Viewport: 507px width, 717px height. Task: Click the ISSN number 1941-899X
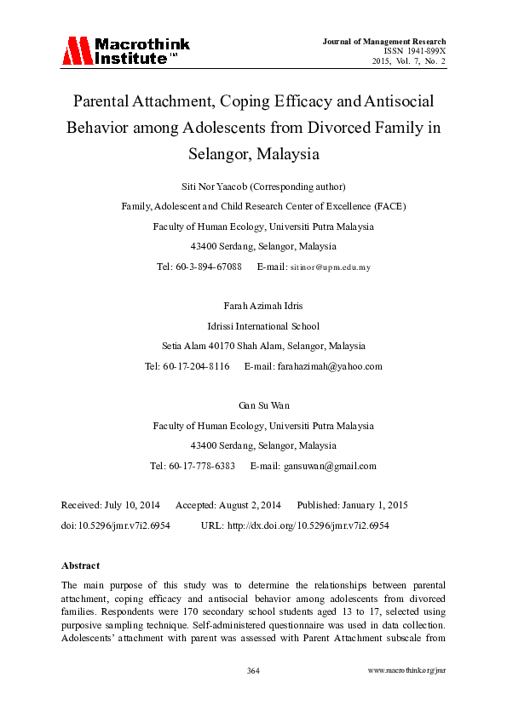[421, 51]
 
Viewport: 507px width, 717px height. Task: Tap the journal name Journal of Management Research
[384, 41]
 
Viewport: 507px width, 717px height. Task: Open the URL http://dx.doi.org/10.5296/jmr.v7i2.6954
[308, 525]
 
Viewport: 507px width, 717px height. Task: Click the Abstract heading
[81, 565]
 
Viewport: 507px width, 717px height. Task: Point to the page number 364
[253, 671]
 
